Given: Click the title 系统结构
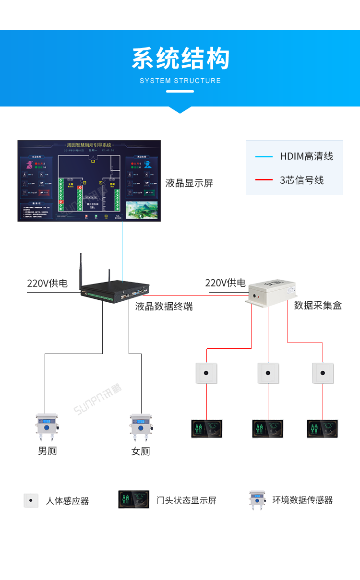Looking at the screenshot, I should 180,59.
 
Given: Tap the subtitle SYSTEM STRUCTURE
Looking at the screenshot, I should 180,81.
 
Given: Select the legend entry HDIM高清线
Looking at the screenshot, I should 306,156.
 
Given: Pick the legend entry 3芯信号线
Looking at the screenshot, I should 301,180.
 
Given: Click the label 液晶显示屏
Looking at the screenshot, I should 189,183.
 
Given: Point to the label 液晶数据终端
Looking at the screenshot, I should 164,307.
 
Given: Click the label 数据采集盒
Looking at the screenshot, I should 318,306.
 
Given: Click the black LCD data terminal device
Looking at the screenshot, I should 115,293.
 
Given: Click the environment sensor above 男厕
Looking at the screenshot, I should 47,427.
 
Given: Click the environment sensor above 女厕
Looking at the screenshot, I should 141,427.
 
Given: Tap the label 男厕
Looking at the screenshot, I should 48,451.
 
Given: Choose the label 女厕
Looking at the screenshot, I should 141,451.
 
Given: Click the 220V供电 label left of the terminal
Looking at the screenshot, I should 47,284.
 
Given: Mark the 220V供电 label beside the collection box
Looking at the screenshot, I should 225,283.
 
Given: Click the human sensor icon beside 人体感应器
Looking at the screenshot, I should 31,500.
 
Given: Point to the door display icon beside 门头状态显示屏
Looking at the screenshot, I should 133,499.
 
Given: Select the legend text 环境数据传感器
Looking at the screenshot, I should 302,500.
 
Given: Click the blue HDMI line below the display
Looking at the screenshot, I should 122,249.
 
